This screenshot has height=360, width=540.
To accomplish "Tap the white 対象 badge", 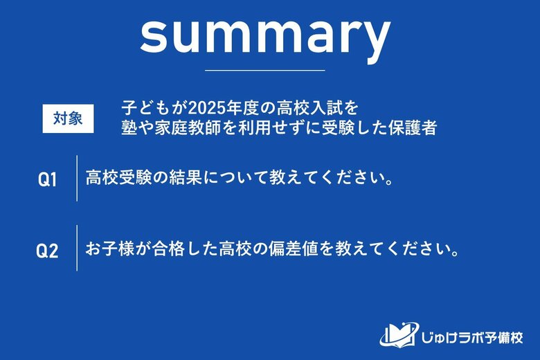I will pyautogui.click(x=68, y=118).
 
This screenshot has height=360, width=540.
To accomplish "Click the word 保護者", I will pyautogui.click(x=415, y=128).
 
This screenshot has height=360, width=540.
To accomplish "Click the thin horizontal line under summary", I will pyautogui.click(x=265, y=70).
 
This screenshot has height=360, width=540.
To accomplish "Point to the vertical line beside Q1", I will pyautogui.click(x=76, y=179).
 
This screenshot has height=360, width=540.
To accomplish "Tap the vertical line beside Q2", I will pyautogui.click(x=76, y=248).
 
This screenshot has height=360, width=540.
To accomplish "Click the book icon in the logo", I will pyautogui.click(x=397, y=334).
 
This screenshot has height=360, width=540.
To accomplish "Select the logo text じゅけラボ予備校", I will pyautogui.click(x=471, y=336).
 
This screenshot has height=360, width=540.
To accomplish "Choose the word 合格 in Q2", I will pyautogui.click(x=170, y=248).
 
